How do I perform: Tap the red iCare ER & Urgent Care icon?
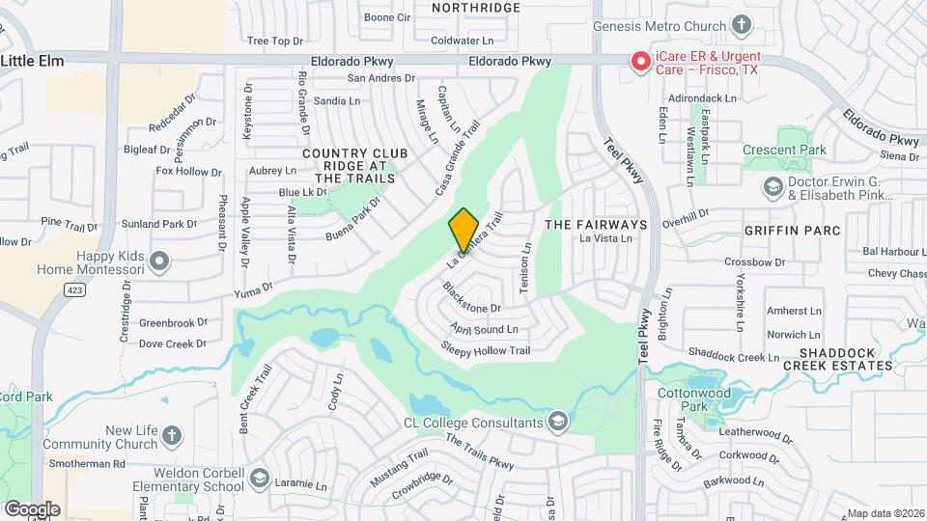click(639, 62)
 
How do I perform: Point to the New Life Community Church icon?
click(172, 435)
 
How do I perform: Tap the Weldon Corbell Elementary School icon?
click(259, 479)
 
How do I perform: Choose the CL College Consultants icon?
click(557, 421)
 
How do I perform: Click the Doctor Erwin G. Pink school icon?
click(772, 185)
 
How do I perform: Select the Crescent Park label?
click(784, 150)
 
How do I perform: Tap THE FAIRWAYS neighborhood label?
click(589, 223)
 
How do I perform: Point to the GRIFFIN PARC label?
click(792, 231)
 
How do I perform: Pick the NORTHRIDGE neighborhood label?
click(476, 8)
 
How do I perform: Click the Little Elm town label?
click(32, 61)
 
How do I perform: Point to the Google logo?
click(32, 508)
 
